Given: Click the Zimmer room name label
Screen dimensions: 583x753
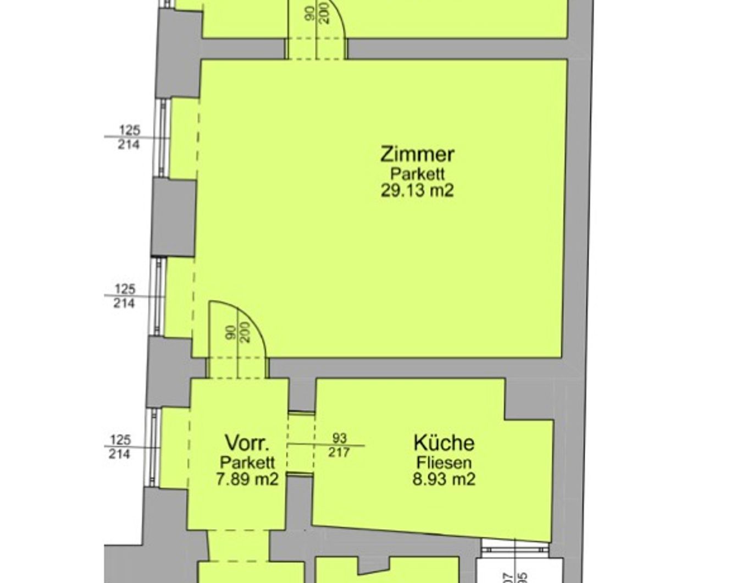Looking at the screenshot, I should click(x=417, y=154).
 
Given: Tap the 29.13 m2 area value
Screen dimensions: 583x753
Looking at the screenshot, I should click(x=417, y=191).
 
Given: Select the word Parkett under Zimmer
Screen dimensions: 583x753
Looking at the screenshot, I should click(x=417, y=174).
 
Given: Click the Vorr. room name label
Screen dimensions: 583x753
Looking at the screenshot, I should click(x=247, y=443).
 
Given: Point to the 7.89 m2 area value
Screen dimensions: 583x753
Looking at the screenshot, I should click(x=247, y=479).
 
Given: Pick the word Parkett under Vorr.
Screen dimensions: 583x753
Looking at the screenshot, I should click(x=247, y=463).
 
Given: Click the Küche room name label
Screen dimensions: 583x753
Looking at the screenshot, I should click(x=444, y=443).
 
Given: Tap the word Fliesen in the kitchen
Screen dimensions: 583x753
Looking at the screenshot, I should click(x=444, y=463).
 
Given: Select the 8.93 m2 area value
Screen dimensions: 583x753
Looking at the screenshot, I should click(x=444, y=479).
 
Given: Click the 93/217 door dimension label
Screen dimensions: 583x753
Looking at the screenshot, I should click(x=339, y=446).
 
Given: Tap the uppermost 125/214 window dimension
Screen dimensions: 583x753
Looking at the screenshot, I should click(x=129, y=137).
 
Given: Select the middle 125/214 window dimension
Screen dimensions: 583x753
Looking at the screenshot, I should click(x=124, y=296).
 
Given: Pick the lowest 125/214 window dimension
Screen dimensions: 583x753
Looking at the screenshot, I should click(x=120, y=447).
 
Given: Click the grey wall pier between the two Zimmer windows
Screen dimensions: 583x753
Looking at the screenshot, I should click(x=173, y=217).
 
